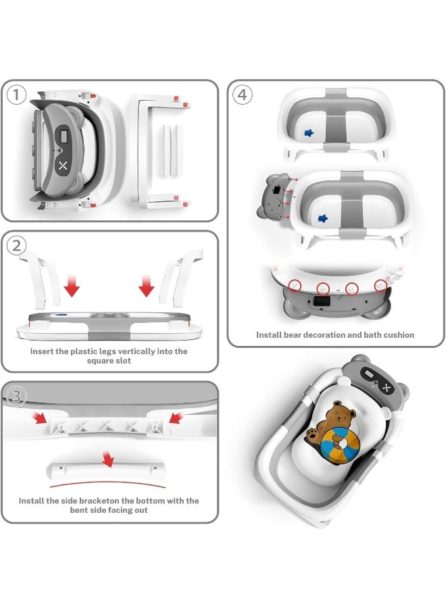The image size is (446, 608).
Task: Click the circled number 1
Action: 17,95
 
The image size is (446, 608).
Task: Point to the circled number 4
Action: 242,95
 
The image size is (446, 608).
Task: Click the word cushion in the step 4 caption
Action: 397,334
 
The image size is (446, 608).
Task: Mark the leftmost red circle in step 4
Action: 294,286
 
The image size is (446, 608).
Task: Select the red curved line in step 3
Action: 108,483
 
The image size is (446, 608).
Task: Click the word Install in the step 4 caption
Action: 269,334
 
